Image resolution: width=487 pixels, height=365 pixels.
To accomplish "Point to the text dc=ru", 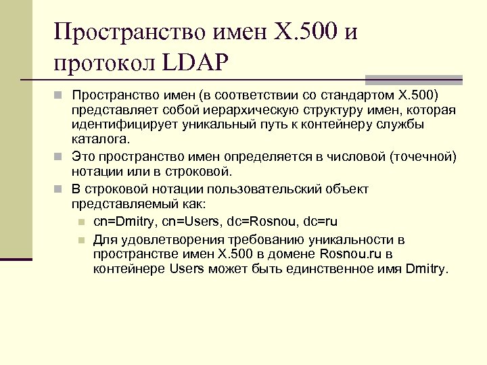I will tap(321, 222).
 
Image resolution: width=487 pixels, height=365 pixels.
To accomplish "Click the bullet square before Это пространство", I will tap(60, 157).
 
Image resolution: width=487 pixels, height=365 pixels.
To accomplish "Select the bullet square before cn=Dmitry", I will tap(81, 222).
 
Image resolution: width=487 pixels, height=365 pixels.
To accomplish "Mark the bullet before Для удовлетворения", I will tap(81, 238).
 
